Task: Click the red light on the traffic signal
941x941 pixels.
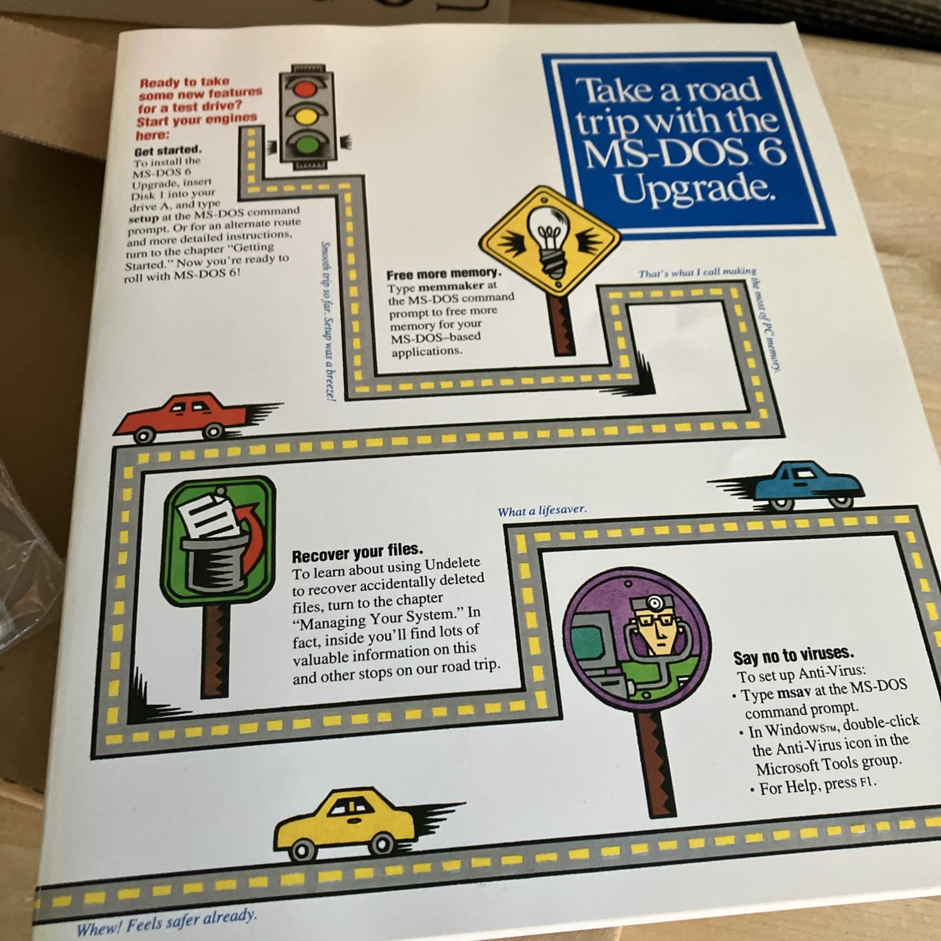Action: tap(305, 89)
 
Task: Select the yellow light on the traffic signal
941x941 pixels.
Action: tap(305, 116)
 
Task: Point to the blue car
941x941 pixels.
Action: tap(794, 485)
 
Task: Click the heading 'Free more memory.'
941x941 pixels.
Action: tap(444, 274)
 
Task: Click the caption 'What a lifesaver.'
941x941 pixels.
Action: tap(542, 510)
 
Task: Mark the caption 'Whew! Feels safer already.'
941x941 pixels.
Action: tap(166, 922)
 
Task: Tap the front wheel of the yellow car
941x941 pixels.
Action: tap(302, 849)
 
